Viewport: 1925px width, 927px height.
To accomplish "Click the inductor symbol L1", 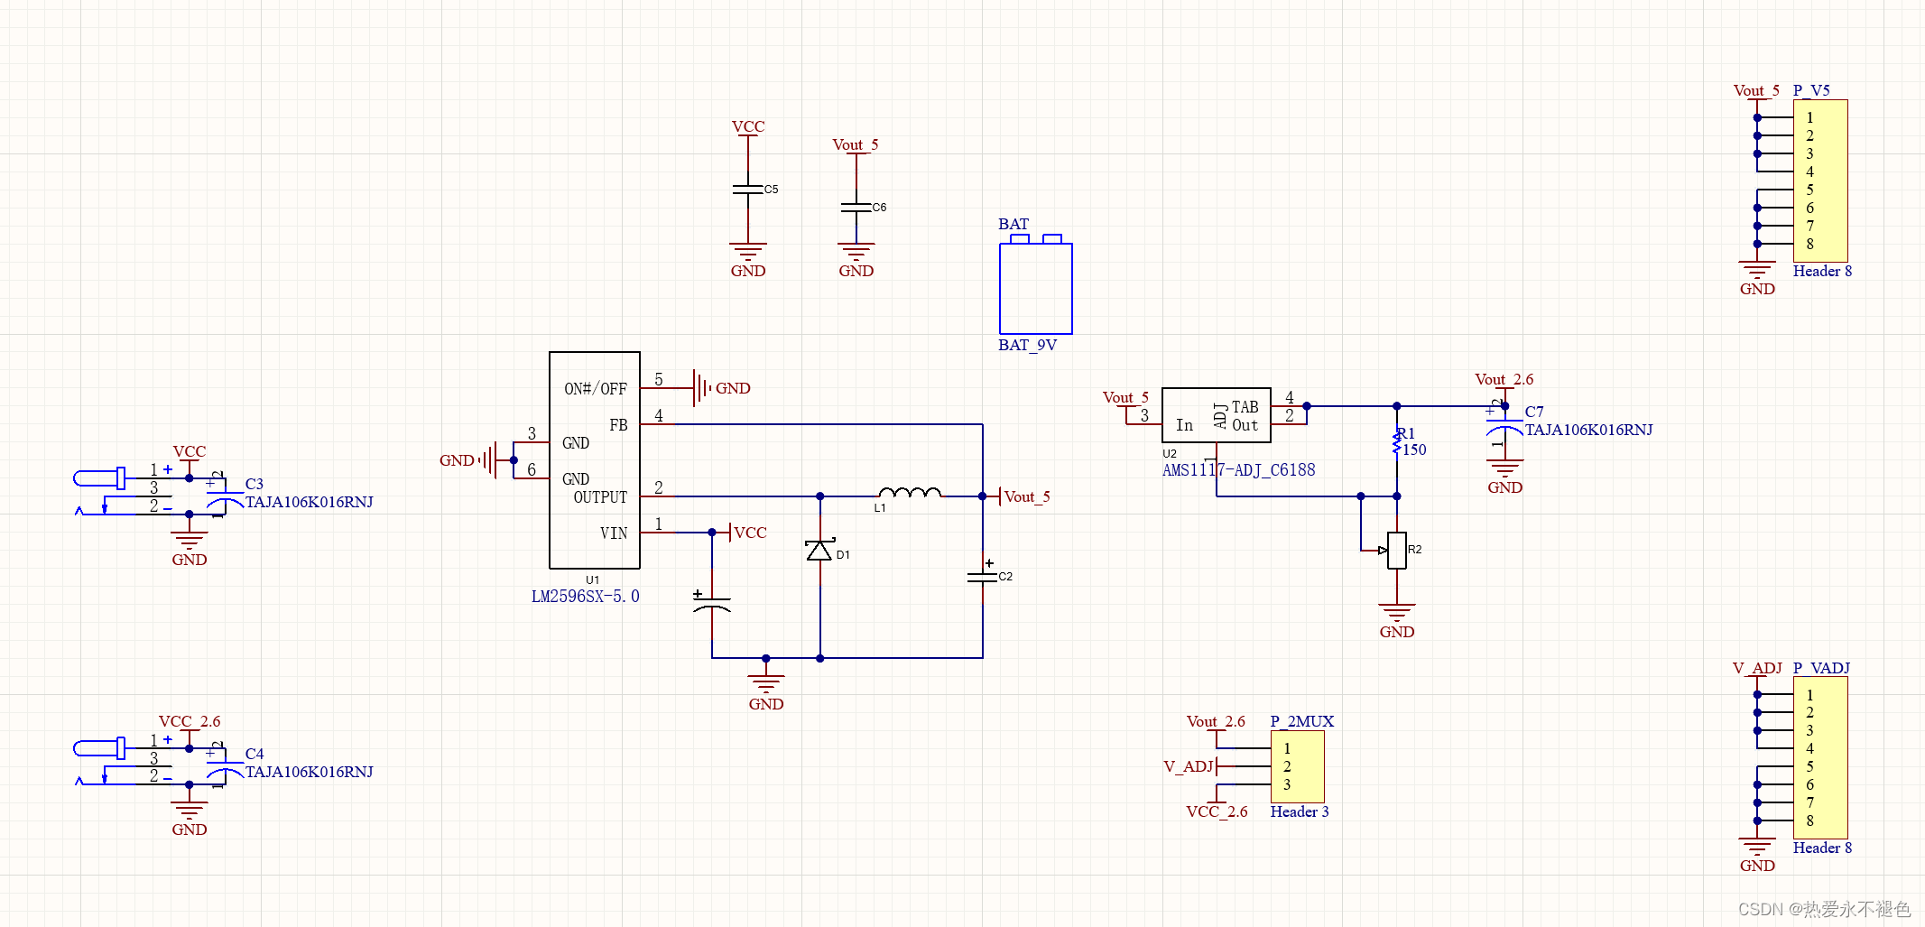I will coord(910,493).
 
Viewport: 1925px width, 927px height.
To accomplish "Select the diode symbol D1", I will coord(819,551).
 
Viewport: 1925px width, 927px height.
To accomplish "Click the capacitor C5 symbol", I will coord(748,190).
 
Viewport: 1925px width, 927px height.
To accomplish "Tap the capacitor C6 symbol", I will coord(856,208).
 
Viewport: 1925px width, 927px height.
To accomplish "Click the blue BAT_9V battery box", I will coord(1035,288).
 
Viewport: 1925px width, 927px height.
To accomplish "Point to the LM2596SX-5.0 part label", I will coord(585,597).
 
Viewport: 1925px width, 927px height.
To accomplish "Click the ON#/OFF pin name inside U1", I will coord(595,389).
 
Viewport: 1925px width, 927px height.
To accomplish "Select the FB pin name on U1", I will coord(618,425).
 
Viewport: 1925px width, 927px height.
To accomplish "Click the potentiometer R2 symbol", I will coord(1396,550).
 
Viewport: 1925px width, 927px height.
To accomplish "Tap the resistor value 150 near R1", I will coord(1414,450).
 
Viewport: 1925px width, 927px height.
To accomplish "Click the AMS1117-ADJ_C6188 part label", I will coord(1238,470).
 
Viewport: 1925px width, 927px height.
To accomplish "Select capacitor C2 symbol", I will coord(983,576).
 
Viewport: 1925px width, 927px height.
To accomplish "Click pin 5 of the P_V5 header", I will coord(1809,190).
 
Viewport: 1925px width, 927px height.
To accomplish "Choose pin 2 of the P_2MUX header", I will coord(1287,766).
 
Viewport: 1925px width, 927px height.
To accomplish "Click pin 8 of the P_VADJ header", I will coord(1809,820).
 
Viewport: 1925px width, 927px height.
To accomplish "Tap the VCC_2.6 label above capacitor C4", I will coord(190,721).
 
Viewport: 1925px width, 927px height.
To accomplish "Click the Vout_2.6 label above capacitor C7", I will coord(1504,379).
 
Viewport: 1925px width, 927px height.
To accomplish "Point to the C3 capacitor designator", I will coord(255,484).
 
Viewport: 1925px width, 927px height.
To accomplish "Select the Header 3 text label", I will coord(1299,811).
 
